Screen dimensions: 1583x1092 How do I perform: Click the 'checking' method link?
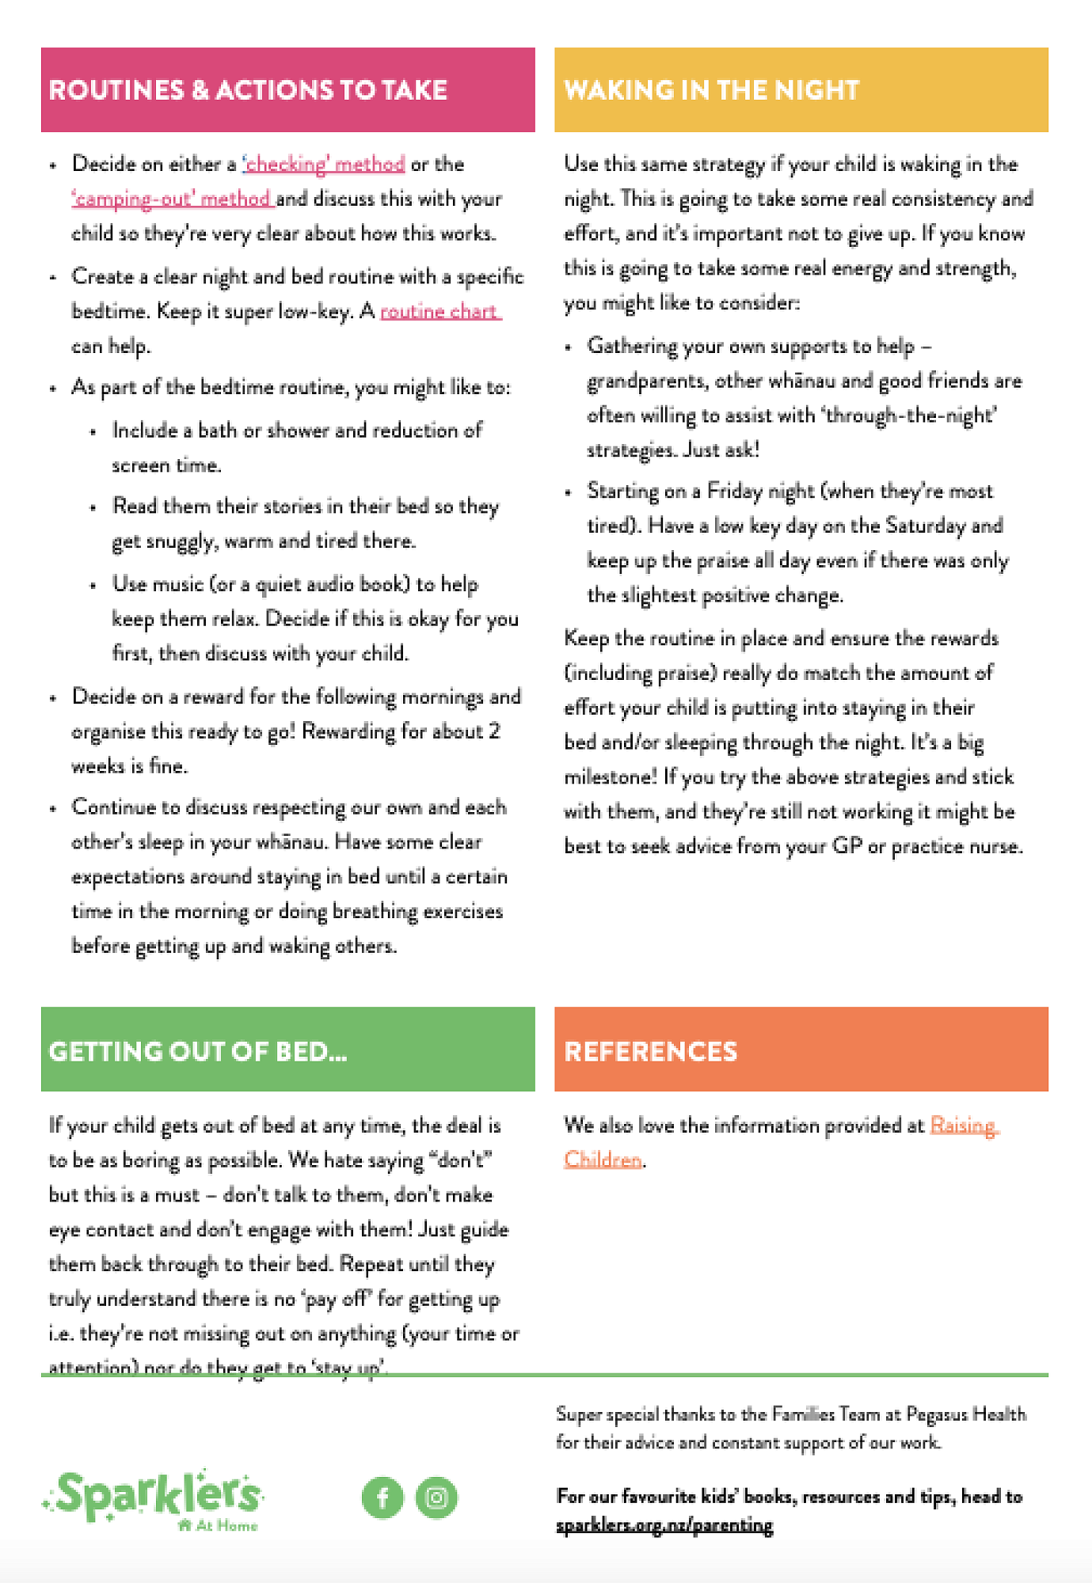click(x=324, y=165)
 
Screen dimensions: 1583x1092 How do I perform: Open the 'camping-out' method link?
click(x=172, y=199)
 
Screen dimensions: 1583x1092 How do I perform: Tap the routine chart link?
click(x=439, y=312)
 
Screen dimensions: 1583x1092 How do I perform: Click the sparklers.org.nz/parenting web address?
click(x=664, y=1525)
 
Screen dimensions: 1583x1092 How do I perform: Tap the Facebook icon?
click(x=382, y=1498)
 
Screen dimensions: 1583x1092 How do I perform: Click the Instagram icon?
click(x=436, y=1498)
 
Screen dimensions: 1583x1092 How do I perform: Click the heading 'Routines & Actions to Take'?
click(x=248, y=90)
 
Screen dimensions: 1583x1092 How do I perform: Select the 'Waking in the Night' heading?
click(x=711, y=90)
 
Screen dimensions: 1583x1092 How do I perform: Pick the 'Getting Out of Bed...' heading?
click(x=198, y=1051)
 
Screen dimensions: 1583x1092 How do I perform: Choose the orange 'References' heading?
click(x=650, y=1051)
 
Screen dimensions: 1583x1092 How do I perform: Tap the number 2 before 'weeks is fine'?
click(x=494, y=731)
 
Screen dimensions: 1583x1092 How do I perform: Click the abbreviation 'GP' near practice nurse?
click(x=847, y=846)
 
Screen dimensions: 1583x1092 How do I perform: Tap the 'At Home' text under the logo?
click(x=226, y=1526)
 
